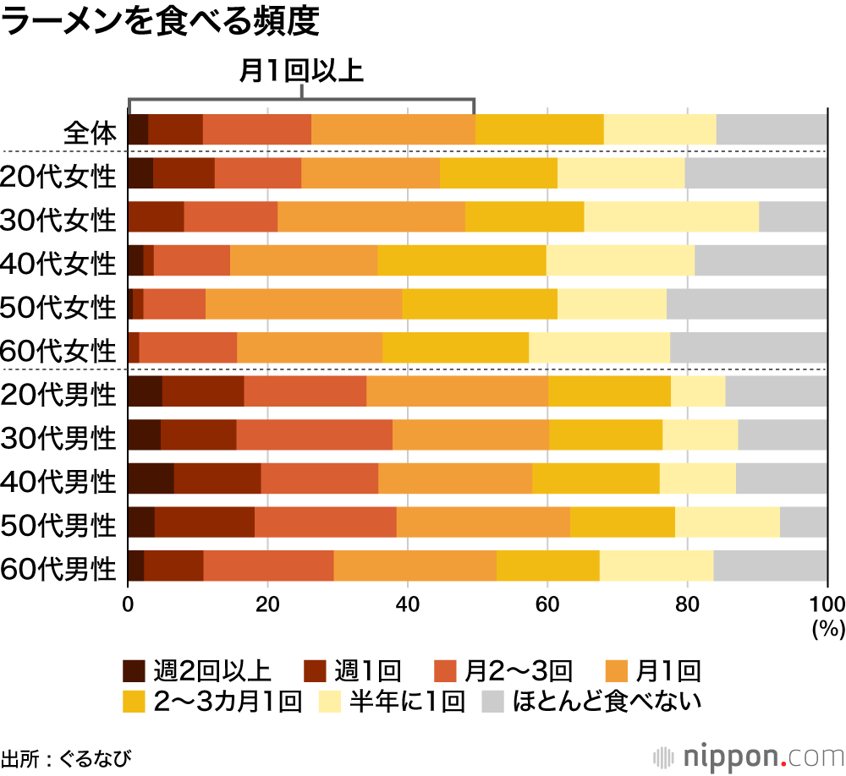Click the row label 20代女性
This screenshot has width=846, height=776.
coord(58,175)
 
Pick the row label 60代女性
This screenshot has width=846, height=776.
coord(58,349)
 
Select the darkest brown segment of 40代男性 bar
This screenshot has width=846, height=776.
coord(151,479)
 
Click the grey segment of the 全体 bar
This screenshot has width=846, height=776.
coord(771,130)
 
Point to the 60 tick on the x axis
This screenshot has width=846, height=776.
coord(547,604)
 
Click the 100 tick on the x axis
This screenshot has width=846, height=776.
coord(827,604)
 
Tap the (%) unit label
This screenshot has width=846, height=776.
coord(827,628)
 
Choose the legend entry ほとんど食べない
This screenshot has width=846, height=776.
coord(591,702)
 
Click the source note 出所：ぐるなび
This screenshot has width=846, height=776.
coord(67,757)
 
